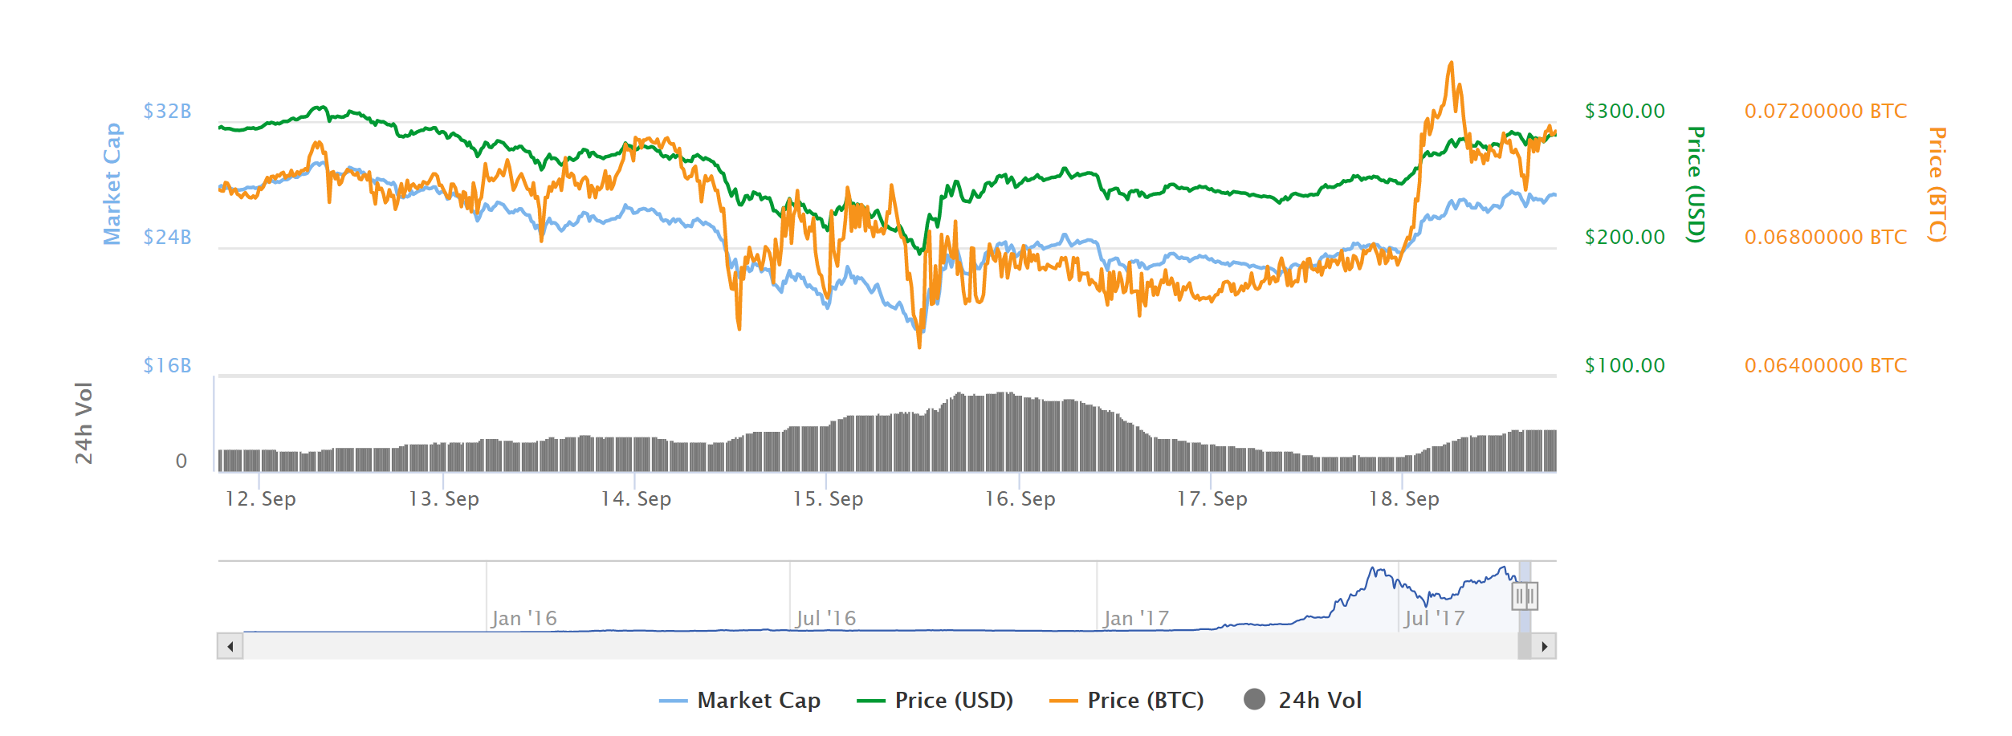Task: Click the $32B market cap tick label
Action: point(167,111)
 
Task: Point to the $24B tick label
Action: point(167,237)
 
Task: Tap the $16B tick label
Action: point(167,365)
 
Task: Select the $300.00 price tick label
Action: point(1624,111)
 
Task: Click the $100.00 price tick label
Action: point(1624,365)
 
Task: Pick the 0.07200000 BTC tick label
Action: point(1825,111)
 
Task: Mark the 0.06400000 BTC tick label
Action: point(1825,365)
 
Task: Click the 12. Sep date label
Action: point(260,498)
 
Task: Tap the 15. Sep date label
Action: point(828,498)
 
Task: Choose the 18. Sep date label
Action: point(1403,498)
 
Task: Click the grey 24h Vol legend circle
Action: point(1254,700)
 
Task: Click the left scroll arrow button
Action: point(230,646)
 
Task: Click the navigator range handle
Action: point(1524,596)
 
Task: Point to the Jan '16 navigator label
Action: point(523,618)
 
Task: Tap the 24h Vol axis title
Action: point(83,423)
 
